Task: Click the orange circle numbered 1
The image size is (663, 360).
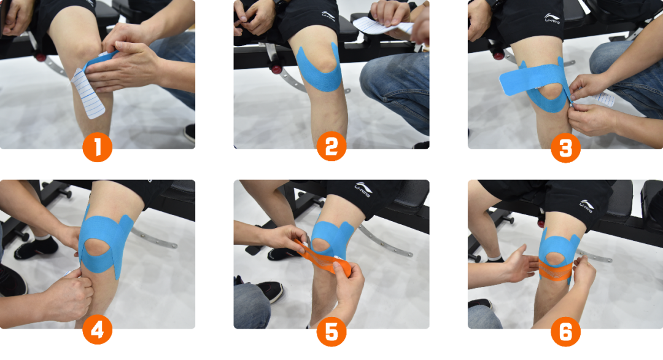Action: pos(97,147)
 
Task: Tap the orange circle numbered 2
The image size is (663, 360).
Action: pos(331,146)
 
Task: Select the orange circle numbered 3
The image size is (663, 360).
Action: pos(566,147)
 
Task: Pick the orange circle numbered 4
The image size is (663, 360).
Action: pos(97,329)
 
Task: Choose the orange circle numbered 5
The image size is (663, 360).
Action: pos(331,331)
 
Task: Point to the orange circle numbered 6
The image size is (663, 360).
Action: pos(566,331)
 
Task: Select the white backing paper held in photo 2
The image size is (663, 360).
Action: pos(382,26)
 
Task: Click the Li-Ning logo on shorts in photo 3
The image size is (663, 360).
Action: pos(552,18)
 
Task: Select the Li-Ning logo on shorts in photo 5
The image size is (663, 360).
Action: pos(363,189)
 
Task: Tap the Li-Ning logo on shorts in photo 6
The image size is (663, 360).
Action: pos(586,206)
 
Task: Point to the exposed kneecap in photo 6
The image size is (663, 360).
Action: pos(554,259)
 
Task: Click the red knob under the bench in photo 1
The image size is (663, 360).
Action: pos(41,57)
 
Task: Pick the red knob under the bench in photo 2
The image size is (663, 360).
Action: pos(276,69)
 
